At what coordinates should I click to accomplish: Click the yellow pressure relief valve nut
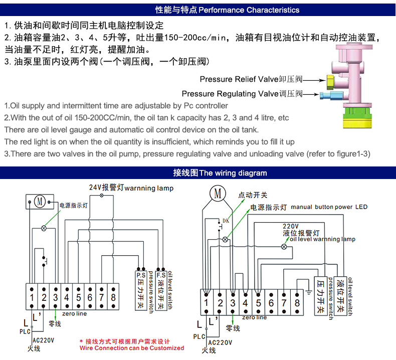(330, 82)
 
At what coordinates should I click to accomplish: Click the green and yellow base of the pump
(357, 118)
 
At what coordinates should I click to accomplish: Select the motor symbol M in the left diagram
(40, 202)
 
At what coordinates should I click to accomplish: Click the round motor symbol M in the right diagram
(218, 193)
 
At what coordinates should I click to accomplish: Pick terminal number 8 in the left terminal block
(113, 297)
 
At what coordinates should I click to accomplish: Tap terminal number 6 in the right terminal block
(271, 303)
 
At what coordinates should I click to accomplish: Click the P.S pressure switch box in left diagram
(141, 290)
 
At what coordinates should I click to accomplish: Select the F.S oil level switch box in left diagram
(161, 290)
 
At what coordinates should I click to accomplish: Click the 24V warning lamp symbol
(102, 195)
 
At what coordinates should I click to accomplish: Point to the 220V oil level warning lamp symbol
(284, 247)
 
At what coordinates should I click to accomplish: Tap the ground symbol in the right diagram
(308, 292)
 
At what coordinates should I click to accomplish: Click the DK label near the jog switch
(226, 221)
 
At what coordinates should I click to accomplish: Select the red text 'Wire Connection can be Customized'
(131, 348)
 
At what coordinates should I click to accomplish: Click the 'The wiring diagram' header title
(233, 173)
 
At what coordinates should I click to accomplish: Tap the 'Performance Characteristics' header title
(249, 10)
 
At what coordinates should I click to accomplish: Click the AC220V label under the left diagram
(44, 340)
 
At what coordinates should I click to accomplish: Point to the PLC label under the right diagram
(199, 336)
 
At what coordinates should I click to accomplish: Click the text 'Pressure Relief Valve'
(239, 79)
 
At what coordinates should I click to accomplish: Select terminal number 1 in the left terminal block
(32, 297)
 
